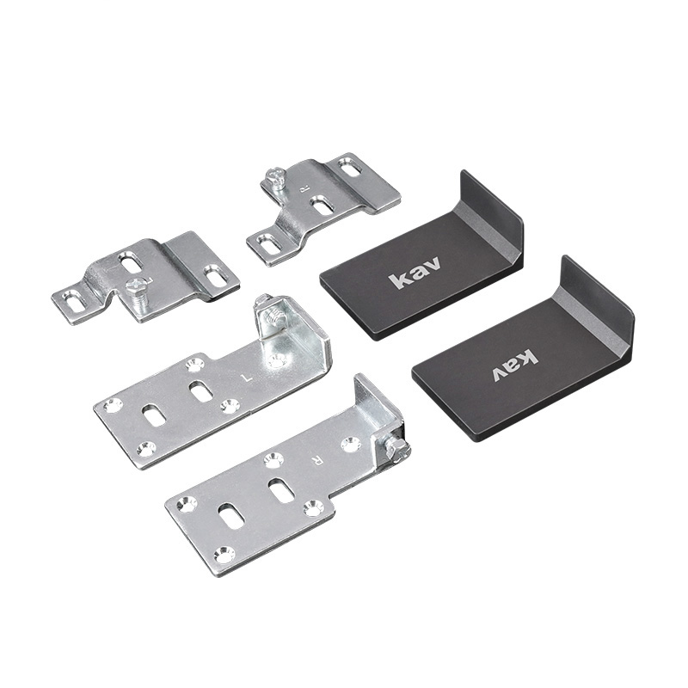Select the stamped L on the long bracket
tap(248, 377)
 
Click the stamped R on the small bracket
tap(302, 190)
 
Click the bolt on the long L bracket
tap(267, 312)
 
